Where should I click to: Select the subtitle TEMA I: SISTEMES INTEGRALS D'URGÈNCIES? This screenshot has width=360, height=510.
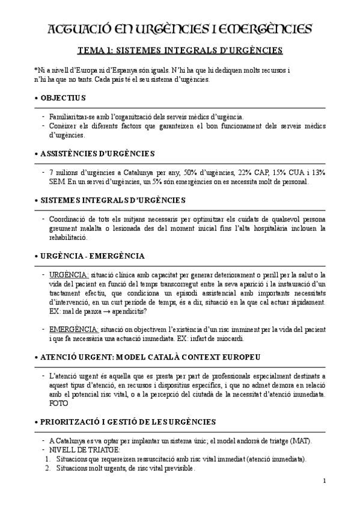(x=180, y=51)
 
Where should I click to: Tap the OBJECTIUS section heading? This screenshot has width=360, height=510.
(x=63, y=97)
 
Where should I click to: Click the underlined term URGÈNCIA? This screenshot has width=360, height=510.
(x=69, y=274)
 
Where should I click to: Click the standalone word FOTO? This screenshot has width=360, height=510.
(x=59, y=403)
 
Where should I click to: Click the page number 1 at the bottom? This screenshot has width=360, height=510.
(x=324, y=480)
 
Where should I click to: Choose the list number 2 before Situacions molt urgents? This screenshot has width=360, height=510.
(x=47, y=468)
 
